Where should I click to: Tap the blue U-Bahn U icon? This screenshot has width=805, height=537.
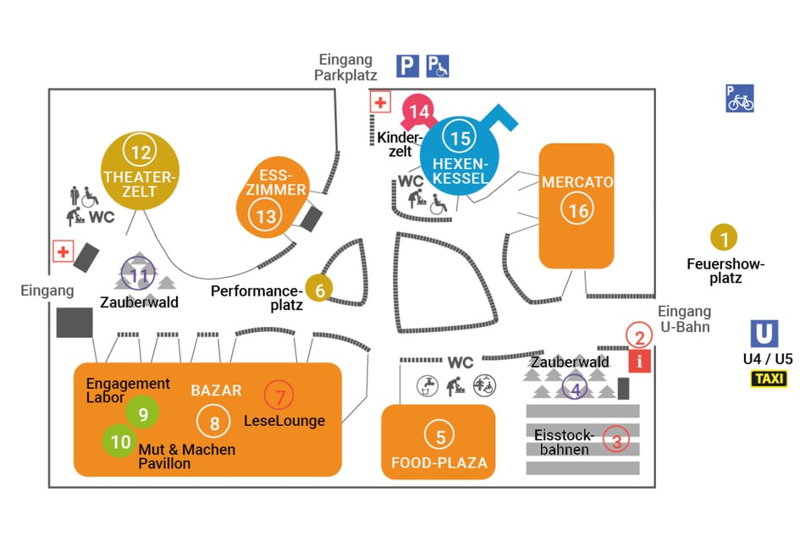764,333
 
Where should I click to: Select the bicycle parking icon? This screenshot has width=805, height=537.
739,98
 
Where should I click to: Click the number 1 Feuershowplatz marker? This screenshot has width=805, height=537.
724,238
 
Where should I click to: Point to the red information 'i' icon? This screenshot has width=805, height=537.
639,362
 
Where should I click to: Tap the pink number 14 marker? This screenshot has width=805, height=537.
418,111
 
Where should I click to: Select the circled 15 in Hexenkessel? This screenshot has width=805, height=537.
460,138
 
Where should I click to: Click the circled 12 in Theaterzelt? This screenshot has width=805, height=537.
140,152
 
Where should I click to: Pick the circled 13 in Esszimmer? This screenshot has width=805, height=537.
266,216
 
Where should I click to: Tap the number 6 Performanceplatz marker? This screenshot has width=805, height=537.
319,289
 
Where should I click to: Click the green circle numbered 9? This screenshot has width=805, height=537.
142,412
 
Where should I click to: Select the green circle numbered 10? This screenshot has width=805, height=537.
121,440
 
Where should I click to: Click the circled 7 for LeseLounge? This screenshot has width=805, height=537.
278,395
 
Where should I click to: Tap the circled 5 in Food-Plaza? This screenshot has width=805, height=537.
440,437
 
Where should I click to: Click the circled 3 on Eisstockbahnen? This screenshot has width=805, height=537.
616,440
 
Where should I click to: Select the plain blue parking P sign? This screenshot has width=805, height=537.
408,65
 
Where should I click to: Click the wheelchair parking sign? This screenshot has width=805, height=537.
438,65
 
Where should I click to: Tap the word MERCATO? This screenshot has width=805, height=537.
577,181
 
